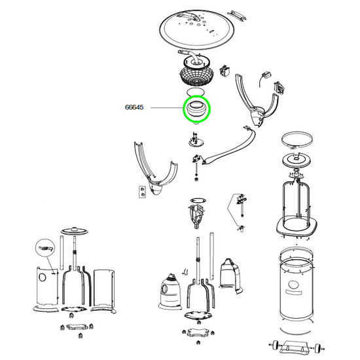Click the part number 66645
tap(134, 107)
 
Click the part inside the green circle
tap(196, 109)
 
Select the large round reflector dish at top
tap(197, 29)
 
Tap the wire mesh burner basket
tap(196, 76)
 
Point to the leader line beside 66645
tap(167, 107)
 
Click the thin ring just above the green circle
tap(196, 92)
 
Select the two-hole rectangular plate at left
tap(142, 192)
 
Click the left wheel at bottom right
tap(276, 345)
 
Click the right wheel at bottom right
tap(317, 348)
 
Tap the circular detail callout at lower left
tap(45, 248)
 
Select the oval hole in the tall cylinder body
tap(293, 285)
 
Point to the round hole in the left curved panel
tap(43, 278)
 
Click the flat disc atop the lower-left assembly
tap(74, 231)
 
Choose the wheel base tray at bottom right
tap(296, 347)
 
